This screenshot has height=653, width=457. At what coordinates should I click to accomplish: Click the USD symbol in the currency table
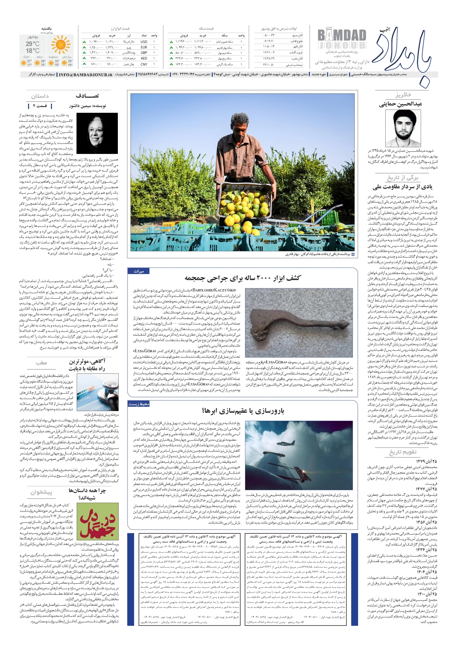click(144, 42)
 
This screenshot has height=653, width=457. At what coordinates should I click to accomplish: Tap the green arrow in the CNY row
click(84, 64)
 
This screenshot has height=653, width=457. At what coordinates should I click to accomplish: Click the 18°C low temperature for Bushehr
click(33, 51)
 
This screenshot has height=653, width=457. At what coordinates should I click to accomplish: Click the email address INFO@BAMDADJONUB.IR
click(86, 75)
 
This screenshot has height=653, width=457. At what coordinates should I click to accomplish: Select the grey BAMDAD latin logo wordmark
click(341, 36)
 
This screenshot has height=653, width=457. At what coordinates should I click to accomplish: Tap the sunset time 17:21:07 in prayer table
click(269, 52)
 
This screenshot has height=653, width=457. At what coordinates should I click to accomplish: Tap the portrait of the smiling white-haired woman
click(97, 133)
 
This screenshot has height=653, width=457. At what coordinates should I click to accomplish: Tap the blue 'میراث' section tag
click(139, 271)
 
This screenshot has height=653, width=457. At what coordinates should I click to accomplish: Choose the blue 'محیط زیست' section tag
click(138, 404)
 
